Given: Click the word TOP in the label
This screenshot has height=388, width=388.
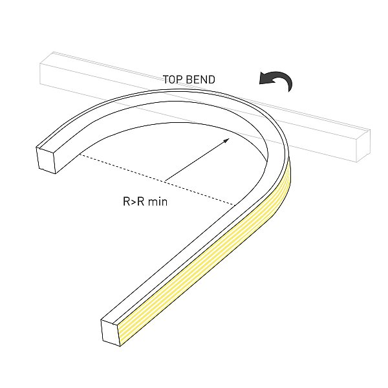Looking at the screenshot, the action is click(x=173, y=80).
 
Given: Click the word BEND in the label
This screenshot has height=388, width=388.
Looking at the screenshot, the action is click(x=200, y=80).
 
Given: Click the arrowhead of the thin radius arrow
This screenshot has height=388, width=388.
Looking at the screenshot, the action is click(x=226, y=140).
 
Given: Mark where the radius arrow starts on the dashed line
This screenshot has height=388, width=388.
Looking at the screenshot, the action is click(x=165, y=181).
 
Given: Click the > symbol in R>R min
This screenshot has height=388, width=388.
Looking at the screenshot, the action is click(x=133, y=202).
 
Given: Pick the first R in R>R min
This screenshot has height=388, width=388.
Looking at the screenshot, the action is click(x=126, y=201).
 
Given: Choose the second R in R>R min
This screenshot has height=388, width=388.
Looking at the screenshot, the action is click(x=140, y=201).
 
